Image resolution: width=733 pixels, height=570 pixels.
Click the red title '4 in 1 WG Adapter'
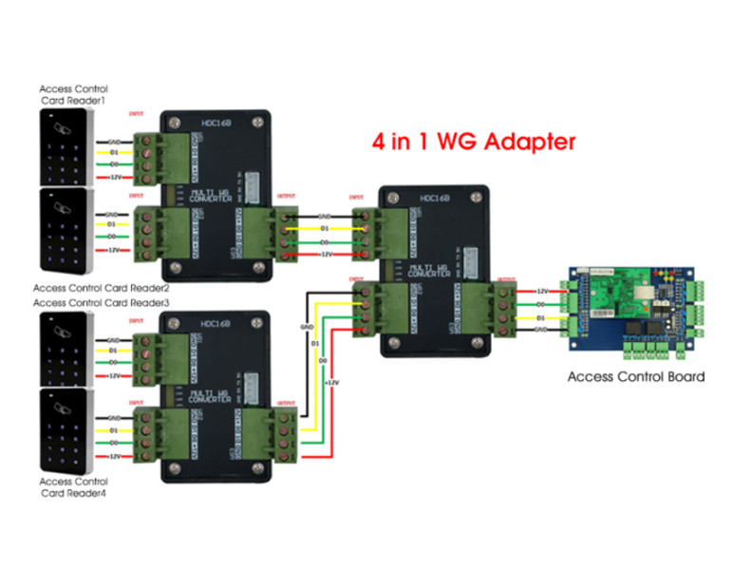tap(473, 142)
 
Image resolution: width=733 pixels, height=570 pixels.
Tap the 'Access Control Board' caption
tap(635, 377)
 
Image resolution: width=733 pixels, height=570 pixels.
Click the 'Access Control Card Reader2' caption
tap(101, 288)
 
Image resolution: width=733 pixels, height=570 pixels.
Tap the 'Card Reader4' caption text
tap(74, 493)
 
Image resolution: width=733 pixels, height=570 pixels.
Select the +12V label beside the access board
tap(542, 291)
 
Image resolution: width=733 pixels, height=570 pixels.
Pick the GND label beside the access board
tap(542, 329)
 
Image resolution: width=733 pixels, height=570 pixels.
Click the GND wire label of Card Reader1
tap(114, 141)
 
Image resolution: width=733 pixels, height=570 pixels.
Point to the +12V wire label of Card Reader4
tap(114, 456)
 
